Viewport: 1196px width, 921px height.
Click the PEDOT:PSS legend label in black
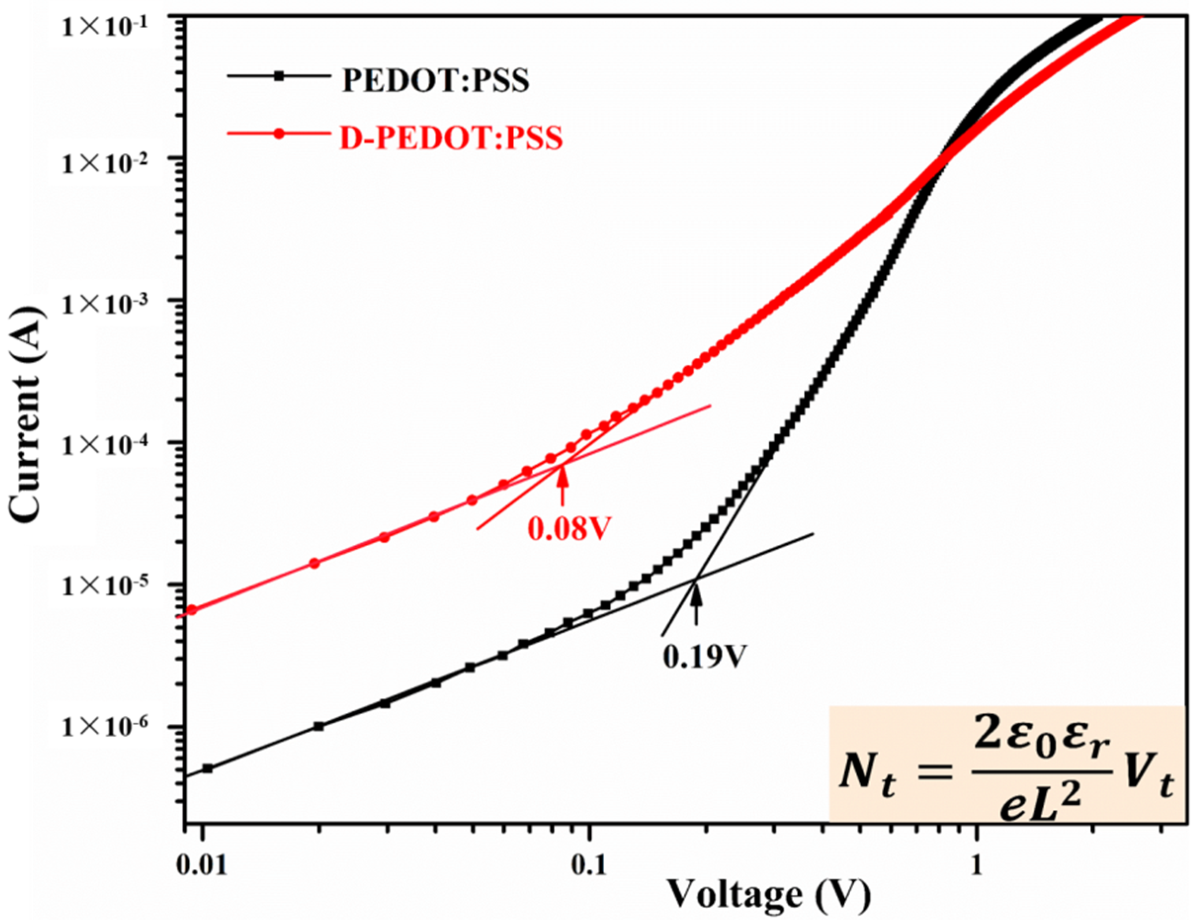(x=435, y=81)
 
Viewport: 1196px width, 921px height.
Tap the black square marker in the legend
(x=279, y=77)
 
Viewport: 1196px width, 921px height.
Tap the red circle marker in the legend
(x=279, y=133)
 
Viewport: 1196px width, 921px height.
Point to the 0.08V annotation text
(x=569, y=528)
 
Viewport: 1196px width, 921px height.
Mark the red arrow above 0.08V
(x=562, y=485)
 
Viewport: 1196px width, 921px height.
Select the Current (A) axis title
(x=27, y=416)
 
